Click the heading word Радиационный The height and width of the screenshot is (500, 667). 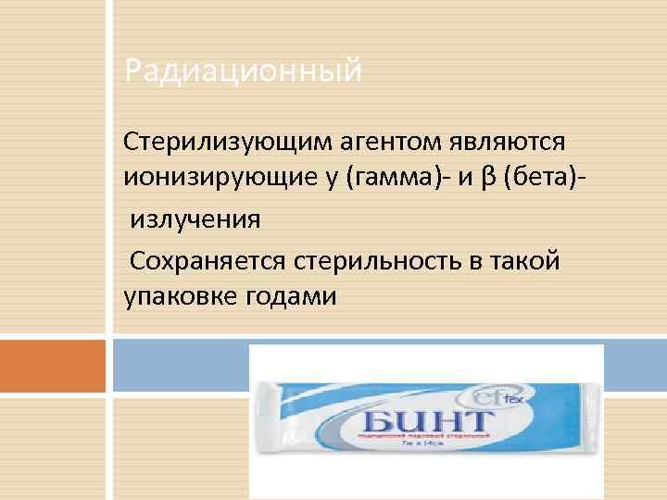(243, 70)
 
